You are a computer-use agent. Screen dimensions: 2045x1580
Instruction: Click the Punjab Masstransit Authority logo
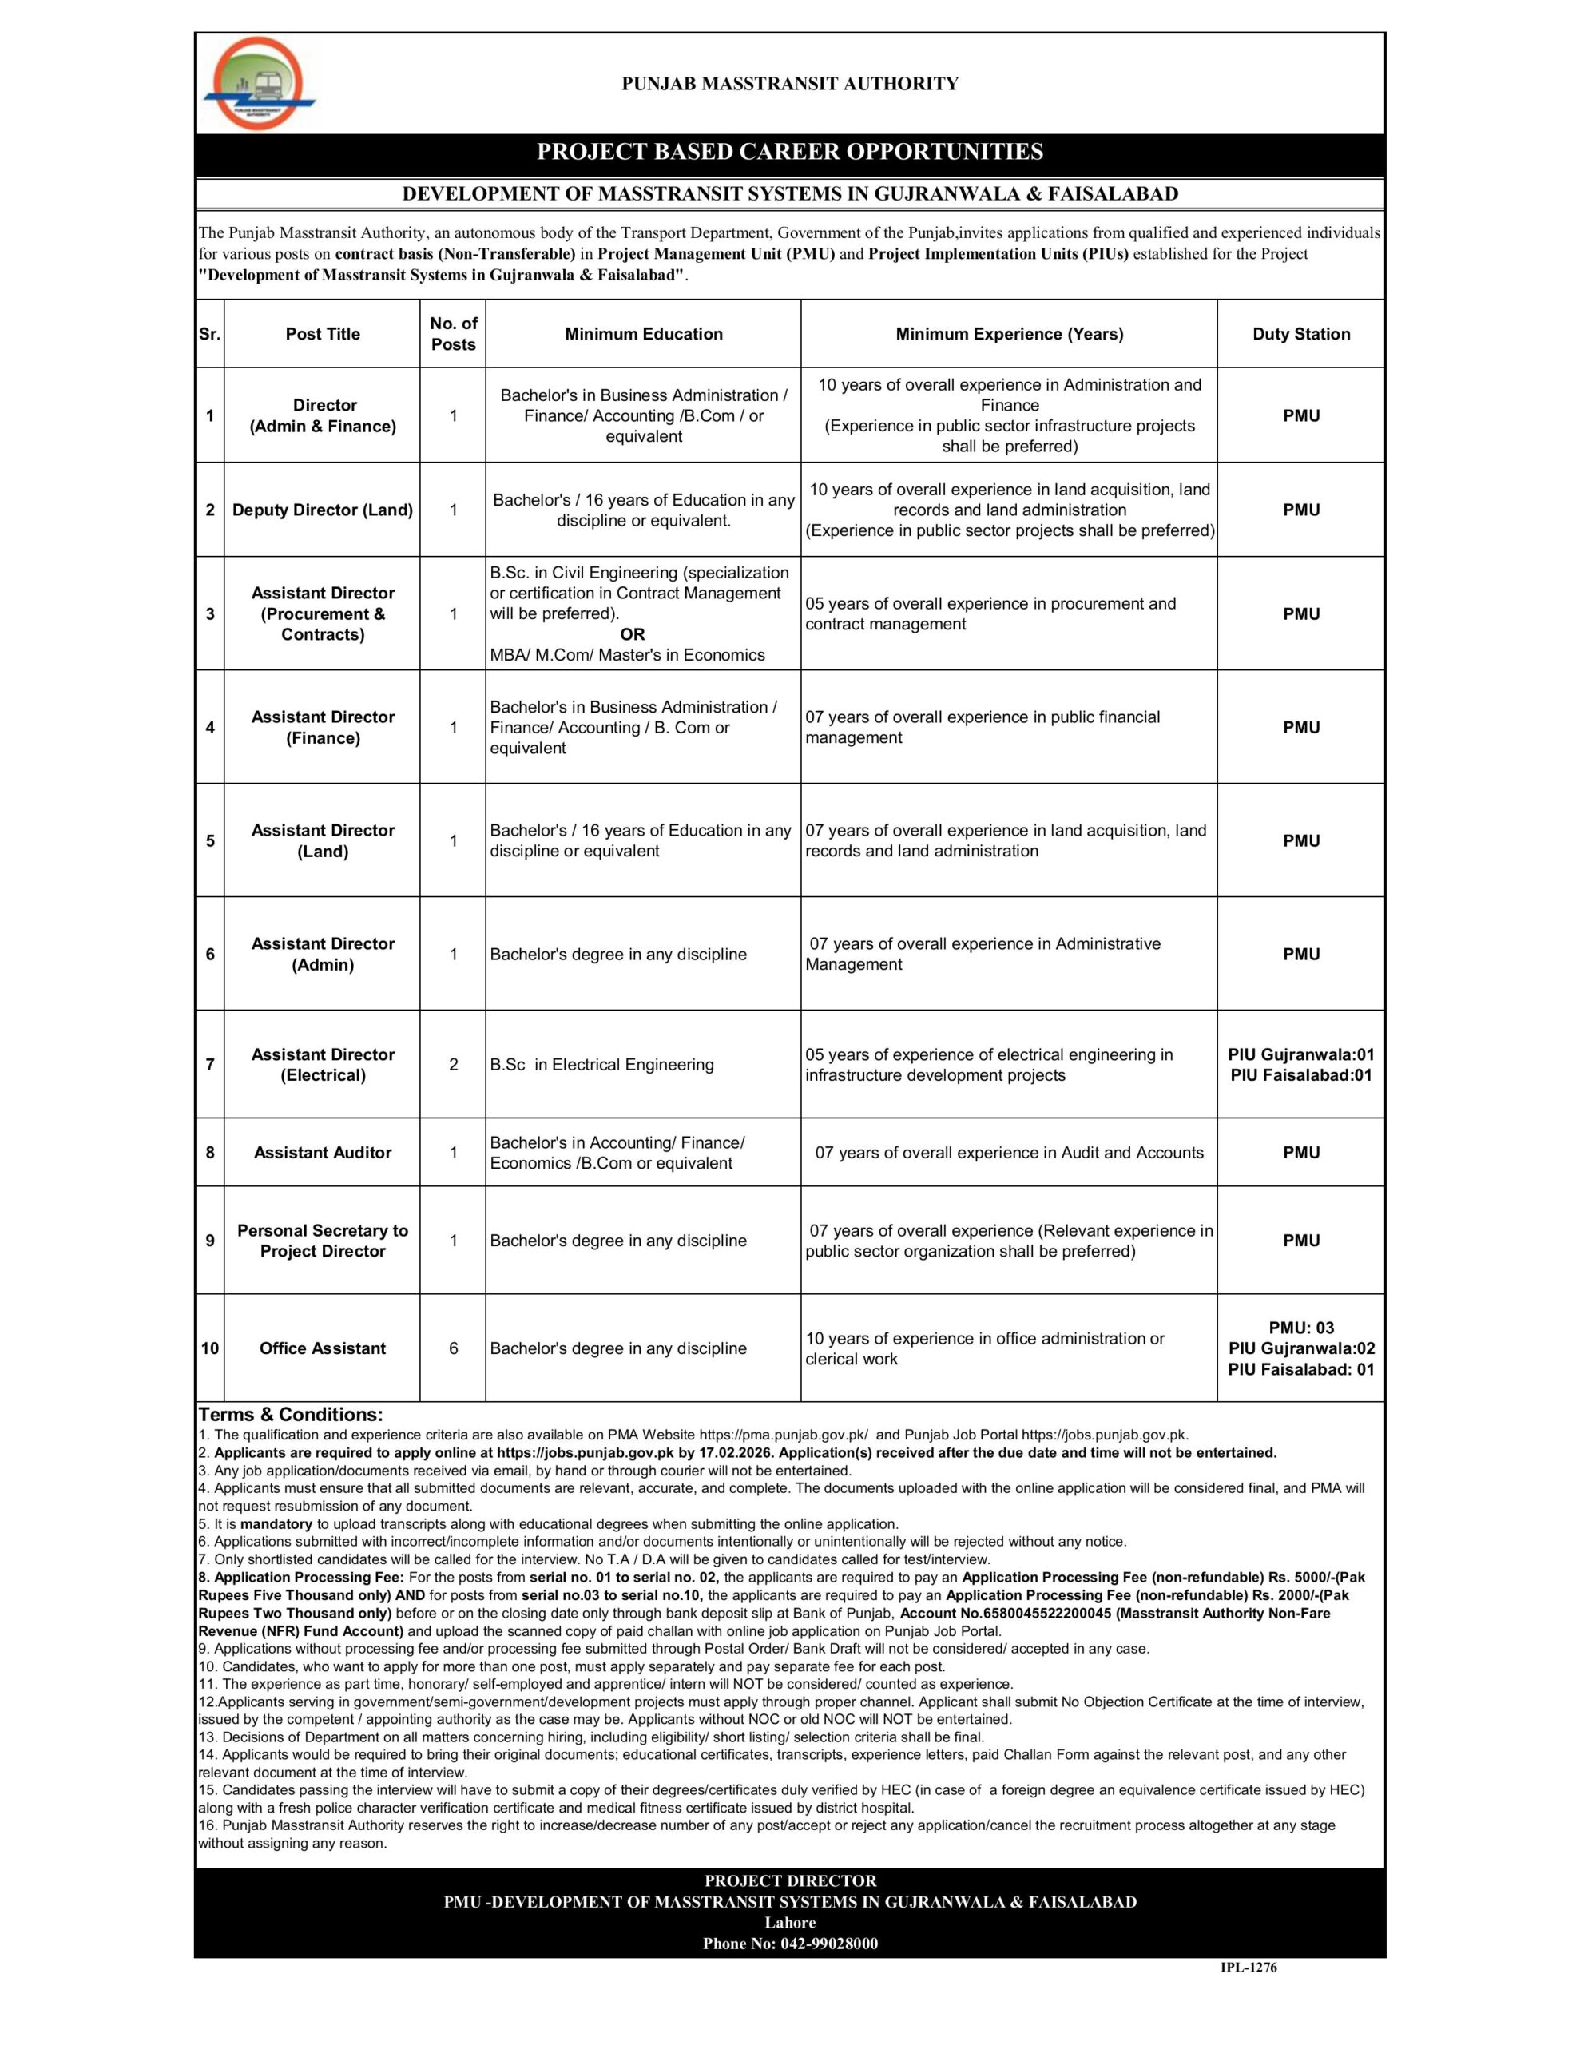click(259, 84)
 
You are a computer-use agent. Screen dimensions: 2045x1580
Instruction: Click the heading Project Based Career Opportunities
click(789, 152)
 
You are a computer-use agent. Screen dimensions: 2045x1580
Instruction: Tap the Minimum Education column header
click(644, 334)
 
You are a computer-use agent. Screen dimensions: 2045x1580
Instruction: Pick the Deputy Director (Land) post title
click(322, 510)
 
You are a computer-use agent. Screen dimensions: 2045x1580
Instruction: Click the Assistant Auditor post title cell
click(322, 1153)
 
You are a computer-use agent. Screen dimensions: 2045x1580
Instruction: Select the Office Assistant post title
click(322, 1348)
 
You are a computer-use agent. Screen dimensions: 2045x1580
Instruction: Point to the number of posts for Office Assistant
click(453, 1348)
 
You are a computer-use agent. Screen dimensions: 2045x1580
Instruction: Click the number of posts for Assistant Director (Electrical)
click(453, 1065)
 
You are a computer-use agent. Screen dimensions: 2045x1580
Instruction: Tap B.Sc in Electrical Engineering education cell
click(601, 1065)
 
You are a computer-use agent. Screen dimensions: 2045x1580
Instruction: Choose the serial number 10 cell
click(210, 1348)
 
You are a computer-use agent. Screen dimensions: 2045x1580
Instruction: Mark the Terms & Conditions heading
click(290, 1415)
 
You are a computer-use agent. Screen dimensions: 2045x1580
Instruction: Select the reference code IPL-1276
click(1249, 1968)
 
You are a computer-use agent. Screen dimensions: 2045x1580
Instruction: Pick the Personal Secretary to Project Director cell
click(322, 1241)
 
